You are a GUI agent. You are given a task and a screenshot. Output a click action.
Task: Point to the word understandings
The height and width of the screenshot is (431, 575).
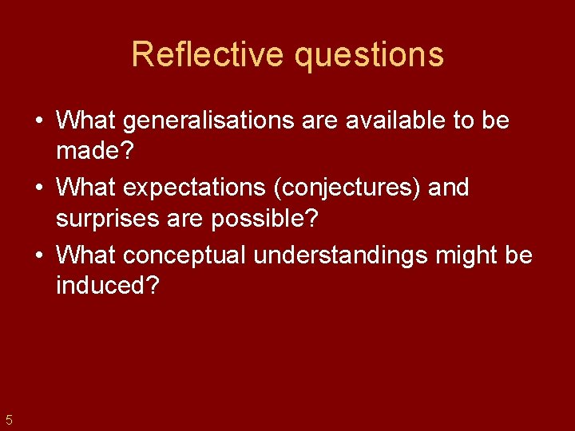coord(347,255)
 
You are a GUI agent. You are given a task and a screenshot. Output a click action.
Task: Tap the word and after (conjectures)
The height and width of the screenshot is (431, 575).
coord(449,188)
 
